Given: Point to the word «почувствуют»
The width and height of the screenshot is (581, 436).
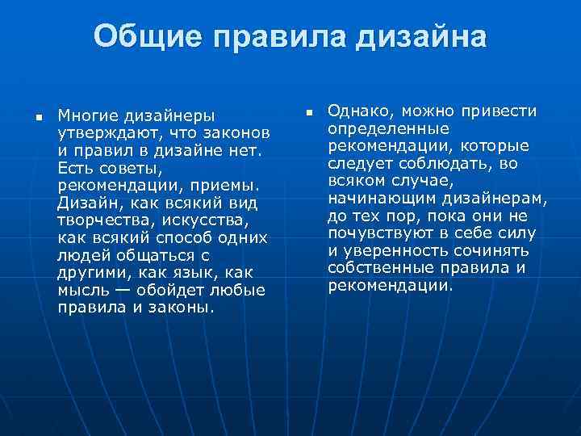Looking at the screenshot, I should [x=377, y=233].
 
